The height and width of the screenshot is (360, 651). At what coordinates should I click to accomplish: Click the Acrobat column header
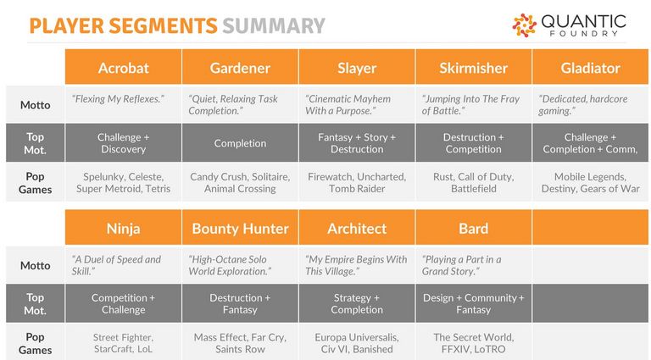point(123,67)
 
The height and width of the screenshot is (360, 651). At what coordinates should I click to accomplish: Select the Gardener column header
point(240,67)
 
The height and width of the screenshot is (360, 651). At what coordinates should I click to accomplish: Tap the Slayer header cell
point(357,67)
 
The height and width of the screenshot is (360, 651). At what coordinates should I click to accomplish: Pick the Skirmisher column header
point(473,67)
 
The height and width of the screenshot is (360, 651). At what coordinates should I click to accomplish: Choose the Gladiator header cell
point(590,67)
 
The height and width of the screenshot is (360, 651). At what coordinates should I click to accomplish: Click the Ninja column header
point(123,227)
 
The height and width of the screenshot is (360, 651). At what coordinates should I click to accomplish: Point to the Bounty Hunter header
point(240,227)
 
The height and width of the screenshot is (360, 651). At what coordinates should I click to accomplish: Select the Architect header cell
point(357,227)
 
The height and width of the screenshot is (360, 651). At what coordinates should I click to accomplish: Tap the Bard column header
point(473,227)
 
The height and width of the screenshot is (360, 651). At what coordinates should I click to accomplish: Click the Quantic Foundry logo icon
point(525,25)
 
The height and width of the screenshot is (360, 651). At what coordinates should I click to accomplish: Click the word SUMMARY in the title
point(274,25)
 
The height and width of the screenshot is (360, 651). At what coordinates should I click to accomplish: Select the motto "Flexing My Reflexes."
point(118,99)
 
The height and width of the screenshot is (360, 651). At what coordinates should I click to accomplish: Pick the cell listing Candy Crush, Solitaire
point(240,182)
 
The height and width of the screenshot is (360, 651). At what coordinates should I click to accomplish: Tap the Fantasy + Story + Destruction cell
point(357,142)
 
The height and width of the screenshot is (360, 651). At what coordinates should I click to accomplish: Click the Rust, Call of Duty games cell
point(473,182)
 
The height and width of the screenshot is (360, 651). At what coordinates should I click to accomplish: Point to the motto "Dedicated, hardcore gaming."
point(583,104)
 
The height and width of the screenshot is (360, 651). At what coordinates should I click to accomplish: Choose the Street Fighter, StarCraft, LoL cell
point(123,342)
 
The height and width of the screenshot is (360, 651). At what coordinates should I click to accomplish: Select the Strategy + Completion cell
point(357,303)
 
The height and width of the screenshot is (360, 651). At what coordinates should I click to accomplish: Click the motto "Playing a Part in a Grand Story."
point(461,265)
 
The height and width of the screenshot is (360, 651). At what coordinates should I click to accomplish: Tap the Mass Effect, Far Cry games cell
point(240,342)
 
